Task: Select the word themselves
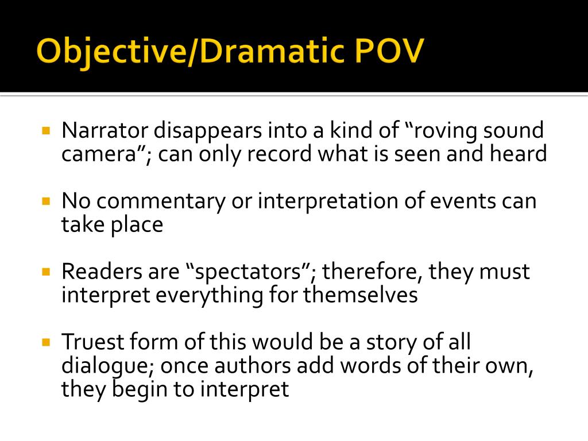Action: tap(360, 295)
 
